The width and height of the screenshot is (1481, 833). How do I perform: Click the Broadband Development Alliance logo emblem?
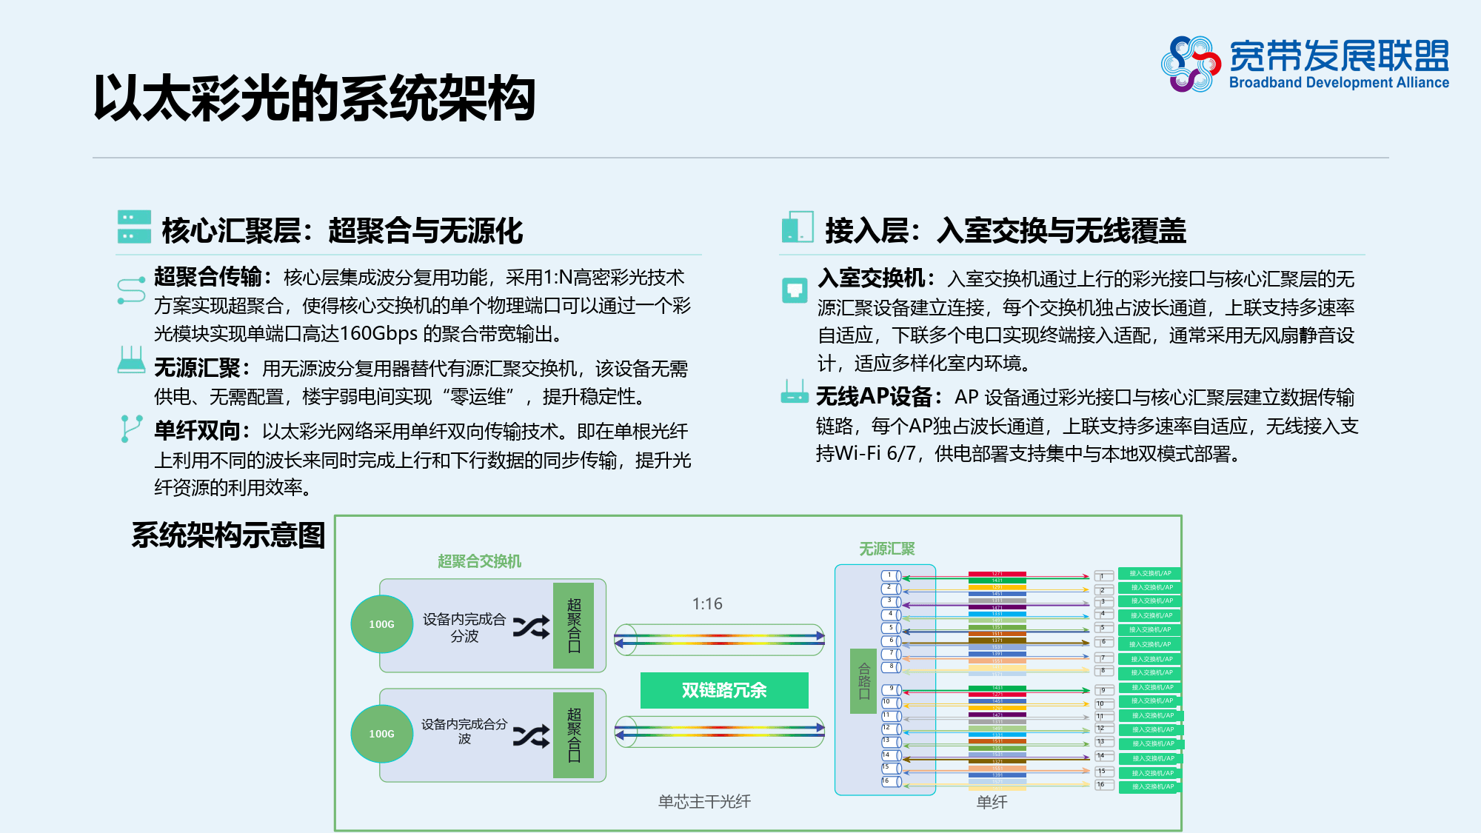1190,64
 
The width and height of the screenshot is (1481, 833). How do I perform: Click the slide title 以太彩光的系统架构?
314,98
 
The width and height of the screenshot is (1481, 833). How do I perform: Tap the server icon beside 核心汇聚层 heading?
134,227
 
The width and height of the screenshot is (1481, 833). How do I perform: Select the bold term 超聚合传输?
207,277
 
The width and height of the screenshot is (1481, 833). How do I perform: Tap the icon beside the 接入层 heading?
798,227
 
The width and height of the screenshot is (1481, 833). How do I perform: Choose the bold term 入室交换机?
871,278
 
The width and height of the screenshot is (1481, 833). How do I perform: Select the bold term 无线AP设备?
874,397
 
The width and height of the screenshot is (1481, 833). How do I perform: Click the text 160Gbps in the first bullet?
378,334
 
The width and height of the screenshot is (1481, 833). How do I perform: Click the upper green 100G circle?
381,624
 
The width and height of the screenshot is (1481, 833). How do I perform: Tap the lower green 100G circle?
381,734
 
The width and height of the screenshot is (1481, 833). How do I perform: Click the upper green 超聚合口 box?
573,626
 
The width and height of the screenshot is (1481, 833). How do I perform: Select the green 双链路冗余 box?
723,690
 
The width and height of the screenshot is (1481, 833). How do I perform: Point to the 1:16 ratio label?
707,604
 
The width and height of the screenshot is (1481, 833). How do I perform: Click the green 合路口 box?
863,680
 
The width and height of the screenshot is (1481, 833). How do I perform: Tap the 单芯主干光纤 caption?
704,801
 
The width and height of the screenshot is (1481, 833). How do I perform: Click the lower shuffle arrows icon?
532,735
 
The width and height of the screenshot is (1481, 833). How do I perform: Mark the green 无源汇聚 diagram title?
886,549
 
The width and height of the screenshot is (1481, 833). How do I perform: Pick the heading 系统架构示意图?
228,535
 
